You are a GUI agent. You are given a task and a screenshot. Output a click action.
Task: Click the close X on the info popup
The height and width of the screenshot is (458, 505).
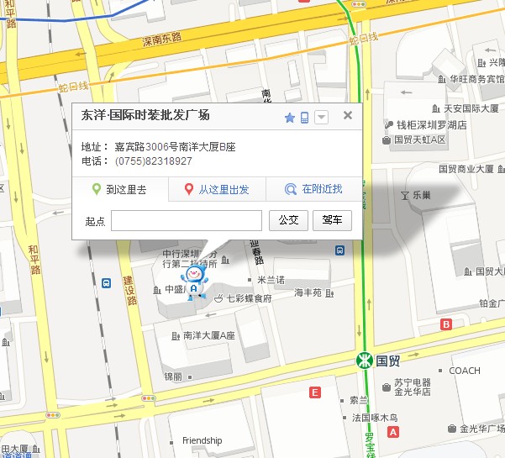pyautogui.click(x=348, y=117)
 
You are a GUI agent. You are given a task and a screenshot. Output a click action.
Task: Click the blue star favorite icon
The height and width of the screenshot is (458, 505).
pyautogui.click(x=290, y=118)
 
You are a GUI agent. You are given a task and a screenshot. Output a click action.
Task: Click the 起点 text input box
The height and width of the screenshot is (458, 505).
pyautogui.click(x=187, y=220)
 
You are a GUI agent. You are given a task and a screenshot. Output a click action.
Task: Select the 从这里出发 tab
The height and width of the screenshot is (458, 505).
pyautogui.click(x=217, y=190)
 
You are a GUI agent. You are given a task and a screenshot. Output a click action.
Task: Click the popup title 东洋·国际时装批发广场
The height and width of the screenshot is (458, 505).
pyautogui.click(x=145, y=117)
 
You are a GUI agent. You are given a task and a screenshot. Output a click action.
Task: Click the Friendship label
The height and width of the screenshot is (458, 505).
pyautogui.click(x=202, y=440)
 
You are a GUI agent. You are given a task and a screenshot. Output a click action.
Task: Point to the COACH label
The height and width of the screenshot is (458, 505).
pyautogui.click(x=465, y=371)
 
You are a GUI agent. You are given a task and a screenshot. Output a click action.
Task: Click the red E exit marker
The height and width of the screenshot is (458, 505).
pyautogui.click(x=315, y=392)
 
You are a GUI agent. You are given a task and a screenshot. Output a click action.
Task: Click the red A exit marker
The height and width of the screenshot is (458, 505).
pyautogui.click(x=392, y=432)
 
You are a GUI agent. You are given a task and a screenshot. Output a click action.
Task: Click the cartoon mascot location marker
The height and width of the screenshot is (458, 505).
pyautogui.click(x=193, y=281)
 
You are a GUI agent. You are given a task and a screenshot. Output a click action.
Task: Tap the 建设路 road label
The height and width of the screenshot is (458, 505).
pyautogui.click(x=130, y=289)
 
